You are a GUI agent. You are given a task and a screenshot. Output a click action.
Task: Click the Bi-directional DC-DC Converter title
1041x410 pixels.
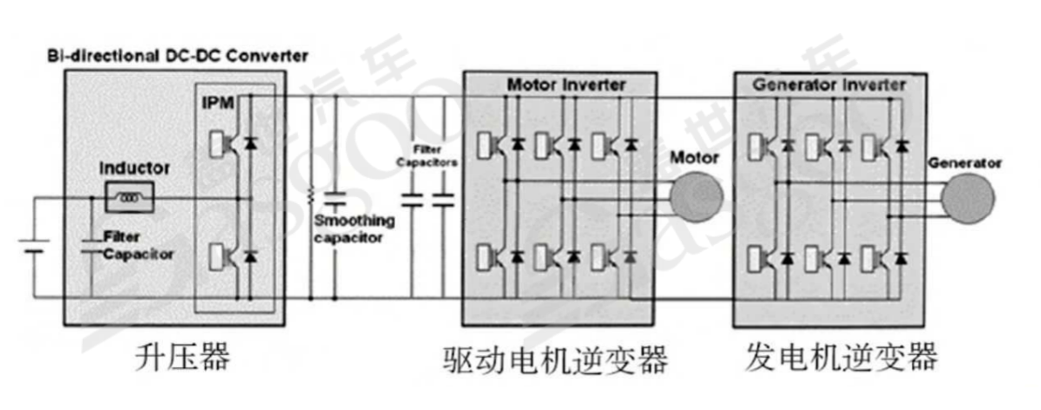[x=177, y=56]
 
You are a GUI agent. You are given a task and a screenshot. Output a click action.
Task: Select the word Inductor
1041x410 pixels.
[x=134, y=167]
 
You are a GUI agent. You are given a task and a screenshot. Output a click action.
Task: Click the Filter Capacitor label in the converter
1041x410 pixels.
[x=138, y=245]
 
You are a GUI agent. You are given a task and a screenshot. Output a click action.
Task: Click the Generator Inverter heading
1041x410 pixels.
[x=828, y=85]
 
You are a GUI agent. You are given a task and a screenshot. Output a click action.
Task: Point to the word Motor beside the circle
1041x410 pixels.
[x=694, y=158]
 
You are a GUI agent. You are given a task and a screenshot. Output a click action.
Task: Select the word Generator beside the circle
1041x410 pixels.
[x=965, y=163]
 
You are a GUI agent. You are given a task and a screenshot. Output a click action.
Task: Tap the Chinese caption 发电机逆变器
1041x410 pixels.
[x=841, y=357]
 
